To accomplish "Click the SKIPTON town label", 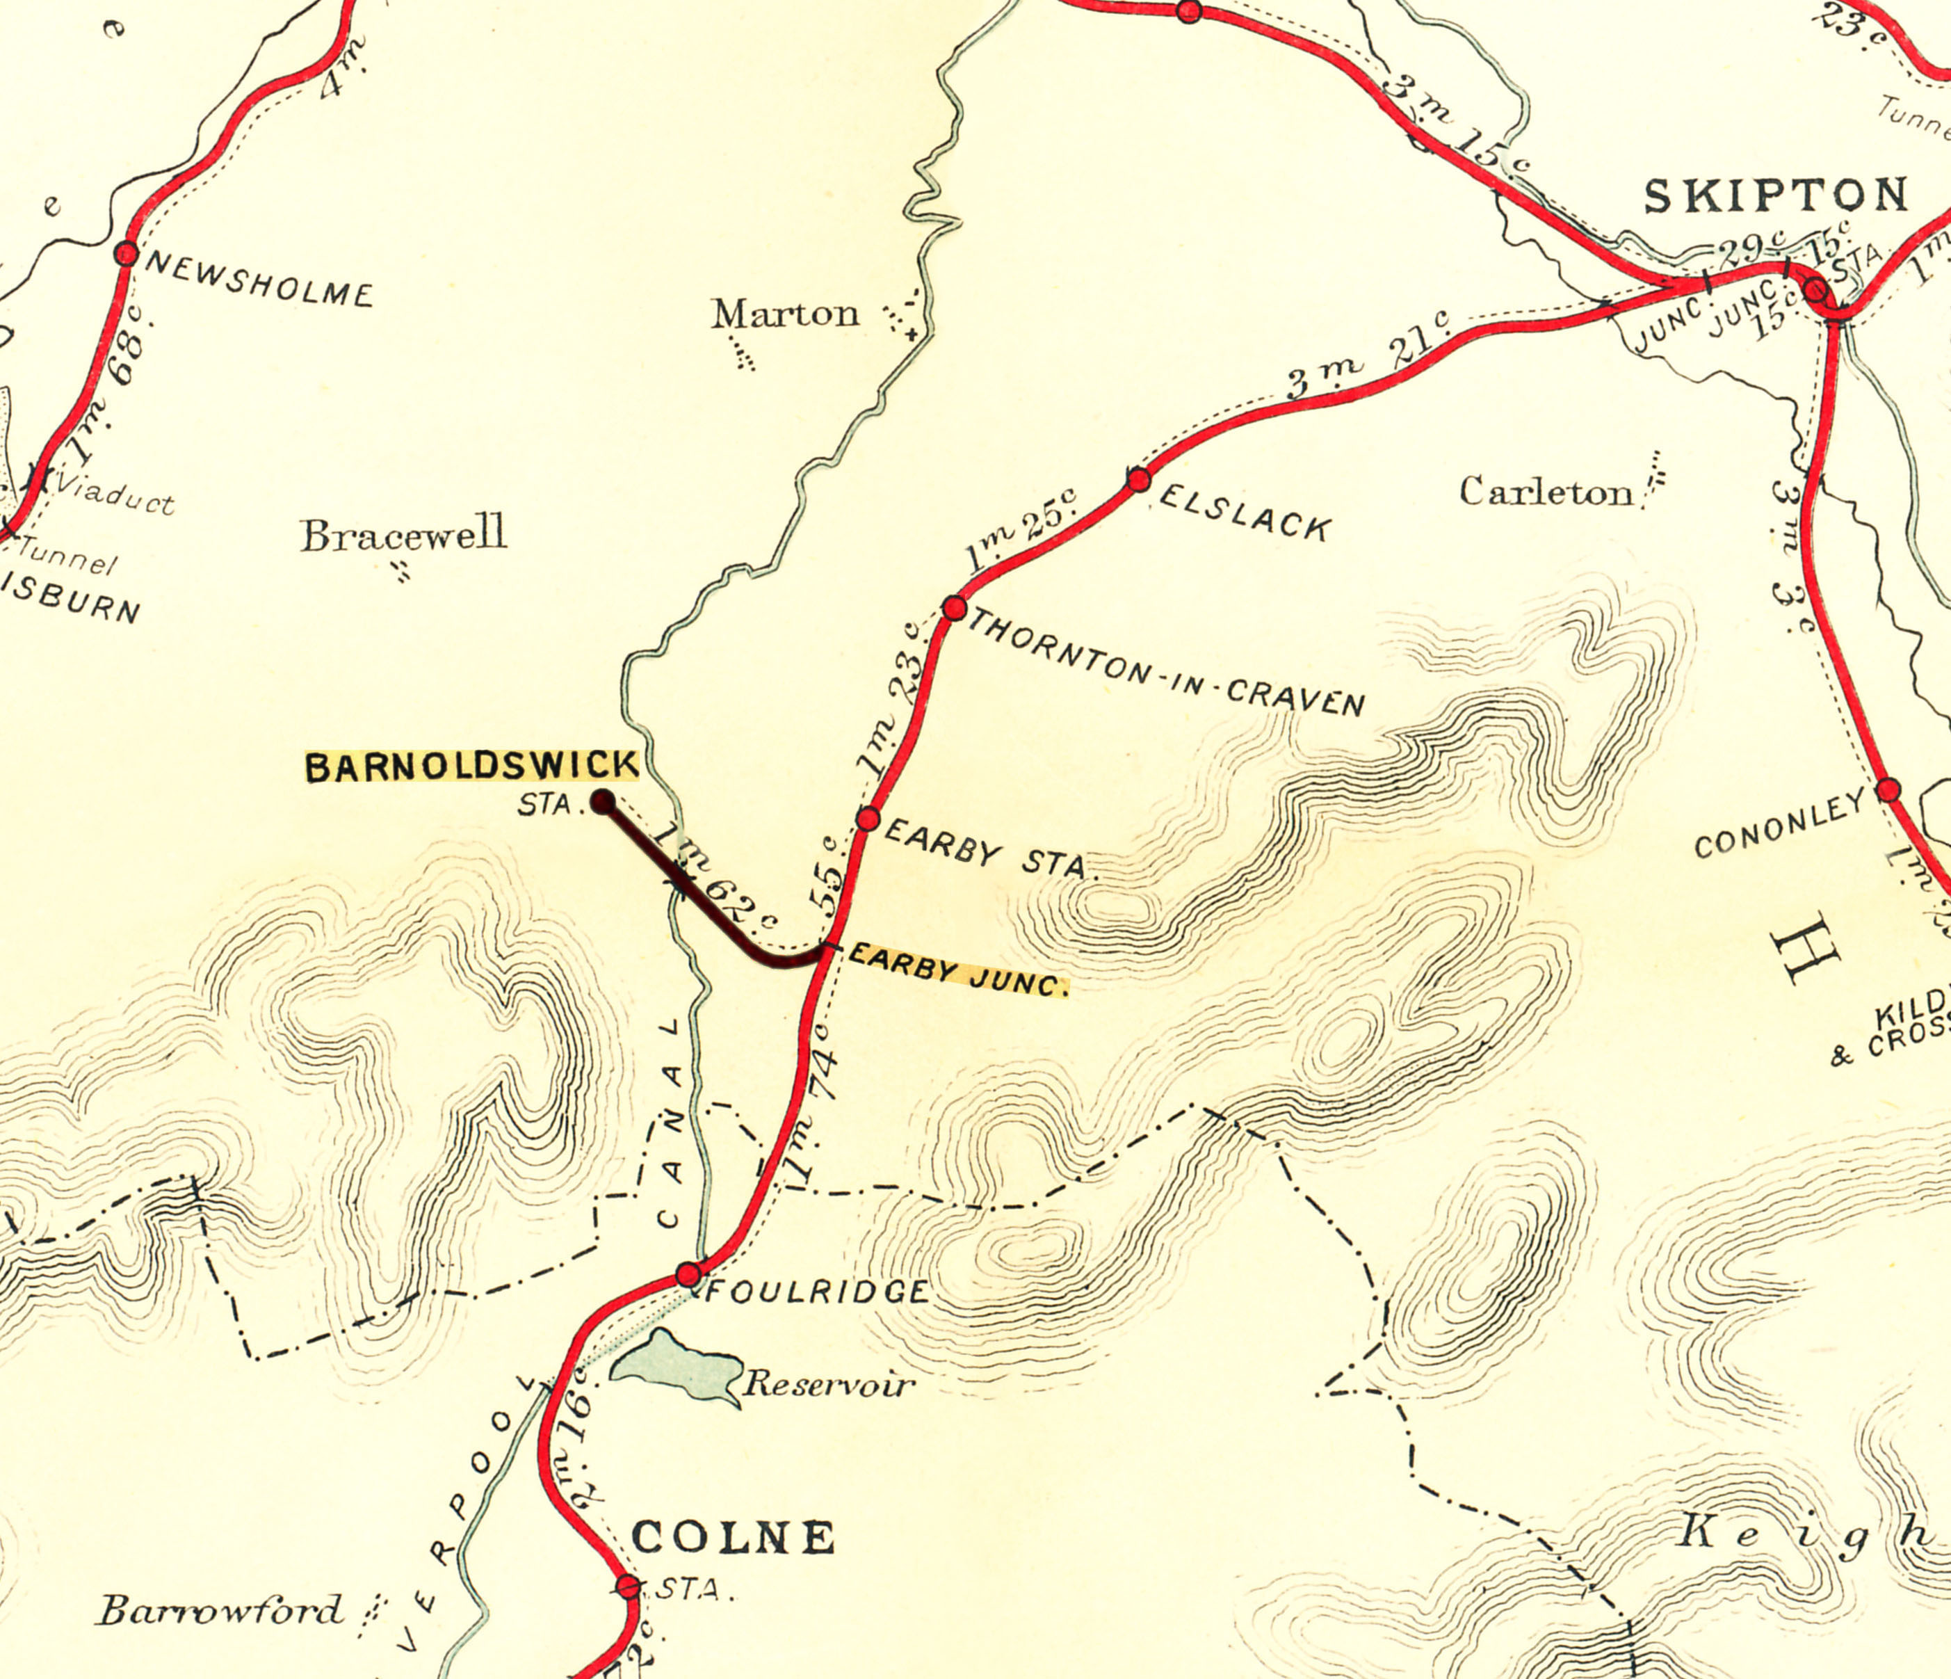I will click(1776, 196).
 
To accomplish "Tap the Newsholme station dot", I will click(126, 253).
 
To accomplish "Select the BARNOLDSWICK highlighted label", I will click(471, 766).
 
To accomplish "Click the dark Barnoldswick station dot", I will click(603, 803).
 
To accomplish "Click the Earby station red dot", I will click(868, 819).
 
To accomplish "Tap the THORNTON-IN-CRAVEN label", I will click(1166, 662).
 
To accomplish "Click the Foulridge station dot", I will click(689, 1275).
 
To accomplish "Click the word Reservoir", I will click(829, 1384).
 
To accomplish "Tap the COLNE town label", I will click(733, 1538).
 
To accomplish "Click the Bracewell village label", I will click(403, 535).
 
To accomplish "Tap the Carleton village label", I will click(1545, 492).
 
